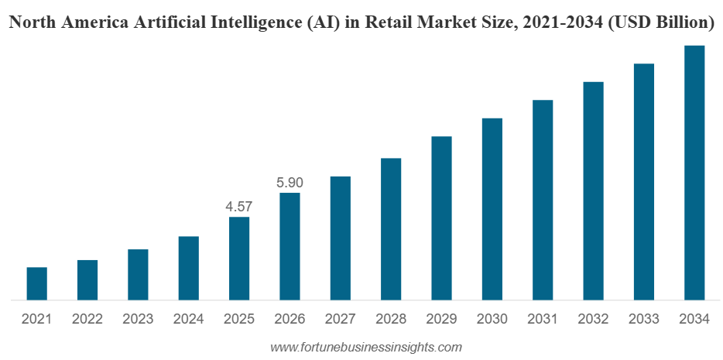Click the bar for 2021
click(x=36, y=283)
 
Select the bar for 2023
click(x=138, y=274)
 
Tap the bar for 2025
click(x=239, y=258)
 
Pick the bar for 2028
click(x=391, y=228)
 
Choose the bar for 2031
click(x=543, y=200)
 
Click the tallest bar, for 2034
click(x=694, y=172)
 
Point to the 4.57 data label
click(x=239, y=207)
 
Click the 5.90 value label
click(x=290, y=183)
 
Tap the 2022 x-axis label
click(x=87, y=319)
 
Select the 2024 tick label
click(x=189, y=319)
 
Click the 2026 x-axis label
click(x=290, y=319)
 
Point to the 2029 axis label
click(x=441, y=319)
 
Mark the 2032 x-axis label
click(x=593, y=319)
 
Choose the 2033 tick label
click(x=644, y=319)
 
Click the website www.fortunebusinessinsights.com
click(x=365, y=347)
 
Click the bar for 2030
click(x=492, y=208)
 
